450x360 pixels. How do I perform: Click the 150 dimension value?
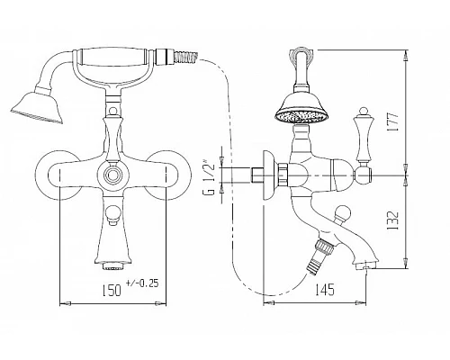coord(112,290)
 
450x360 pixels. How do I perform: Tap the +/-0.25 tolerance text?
coord(142,283)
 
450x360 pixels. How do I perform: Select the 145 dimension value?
coord(324,289)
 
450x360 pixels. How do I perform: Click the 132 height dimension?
coord(393,220)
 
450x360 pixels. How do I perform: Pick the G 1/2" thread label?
coord(211,179)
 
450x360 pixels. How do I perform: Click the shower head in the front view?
coord(38,107)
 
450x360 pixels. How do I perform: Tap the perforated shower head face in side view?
coord(301,117)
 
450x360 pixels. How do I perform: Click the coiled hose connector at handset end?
coord(186,57)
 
